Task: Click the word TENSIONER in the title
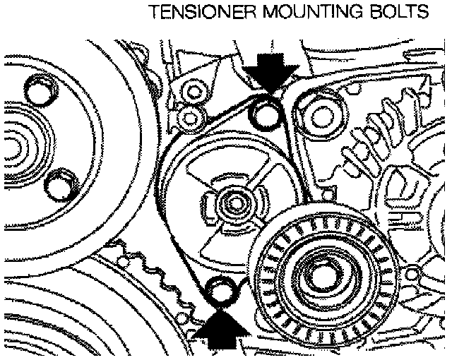click(191, 12)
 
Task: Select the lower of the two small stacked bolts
click(186, 114)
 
